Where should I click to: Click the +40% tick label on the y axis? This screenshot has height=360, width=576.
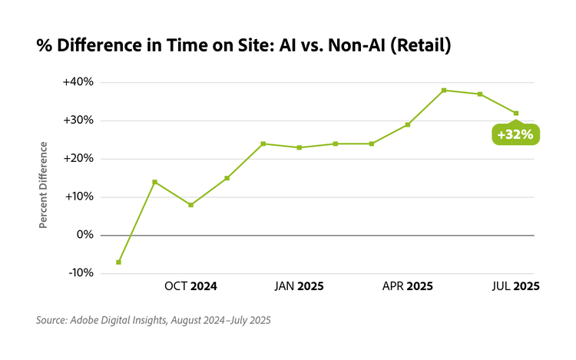78,82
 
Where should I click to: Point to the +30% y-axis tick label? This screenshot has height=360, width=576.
78,121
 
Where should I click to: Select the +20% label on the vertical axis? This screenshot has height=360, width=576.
78,159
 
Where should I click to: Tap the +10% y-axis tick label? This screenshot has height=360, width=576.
78,197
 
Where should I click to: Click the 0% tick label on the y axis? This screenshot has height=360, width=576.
82,235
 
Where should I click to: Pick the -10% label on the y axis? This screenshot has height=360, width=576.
79,273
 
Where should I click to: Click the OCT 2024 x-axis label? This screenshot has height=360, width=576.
190,286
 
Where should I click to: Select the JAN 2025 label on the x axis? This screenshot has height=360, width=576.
299,286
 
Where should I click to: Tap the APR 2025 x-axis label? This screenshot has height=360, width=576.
408,286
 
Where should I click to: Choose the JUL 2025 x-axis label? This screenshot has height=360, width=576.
515,286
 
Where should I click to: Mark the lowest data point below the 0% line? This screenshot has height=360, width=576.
118,262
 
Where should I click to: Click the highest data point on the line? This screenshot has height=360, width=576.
444,91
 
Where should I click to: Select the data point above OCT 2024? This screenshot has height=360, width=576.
190,205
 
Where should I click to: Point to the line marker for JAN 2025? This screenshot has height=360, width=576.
299,147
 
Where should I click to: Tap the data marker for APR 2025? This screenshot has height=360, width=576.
408,124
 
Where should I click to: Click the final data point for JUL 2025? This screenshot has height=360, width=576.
516,113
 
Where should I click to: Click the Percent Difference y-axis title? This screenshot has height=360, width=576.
44,184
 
